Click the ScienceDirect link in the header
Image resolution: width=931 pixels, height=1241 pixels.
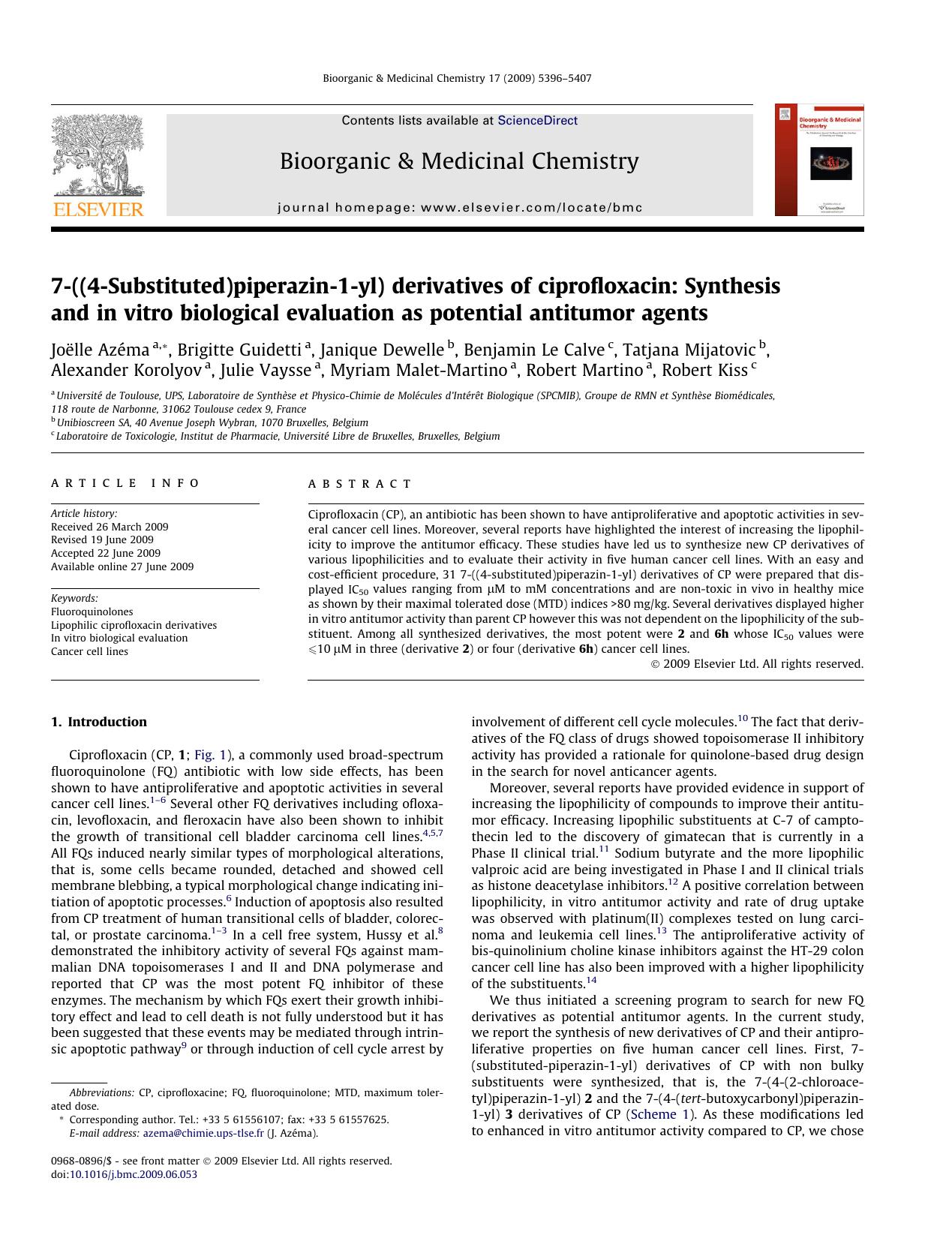pyautogui.click(x=537, y=120)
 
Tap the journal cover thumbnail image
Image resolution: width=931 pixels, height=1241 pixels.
pyautogui.click(x=819, y=160)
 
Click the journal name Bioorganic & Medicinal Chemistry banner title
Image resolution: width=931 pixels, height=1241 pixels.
pyautogui.click(x=459, y=161)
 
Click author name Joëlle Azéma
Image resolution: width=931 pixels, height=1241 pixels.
pyautogui.click(x=100, y=350)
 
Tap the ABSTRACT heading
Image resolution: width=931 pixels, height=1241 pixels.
pyautogui.click(x=360, y=484)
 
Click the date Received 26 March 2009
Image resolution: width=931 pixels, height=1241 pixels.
pyautogui.click(x=110, y=527)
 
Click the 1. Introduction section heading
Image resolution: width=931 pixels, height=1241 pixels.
pyautogui.click(x=99, y=722)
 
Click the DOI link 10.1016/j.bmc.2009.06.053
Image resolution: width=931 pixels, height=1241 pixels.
pyautogui.click(x=133, y=1174)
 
